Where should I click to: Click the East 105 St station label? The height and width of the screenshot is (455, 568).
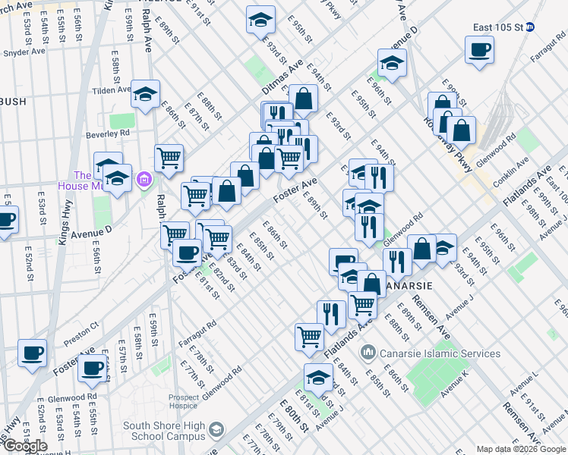tap(497, 27)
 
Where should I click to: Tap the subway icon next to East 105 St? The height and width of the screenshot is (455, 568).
tap(531, 27)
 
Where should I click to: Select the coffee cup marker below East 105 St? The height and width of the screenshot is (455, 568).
tap(480, 51)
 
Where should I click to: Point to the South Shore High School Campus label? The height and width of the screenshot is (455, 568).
tap(163, 431)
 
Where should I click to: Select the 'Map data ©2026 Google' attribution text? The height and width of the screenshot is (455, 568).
tap(520, 449)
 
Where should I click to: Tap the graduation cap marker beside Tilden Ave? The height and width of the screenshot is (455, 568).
tap(145, 95)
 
